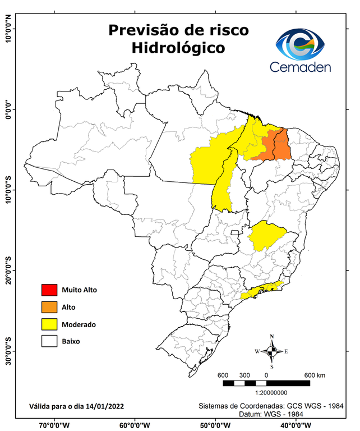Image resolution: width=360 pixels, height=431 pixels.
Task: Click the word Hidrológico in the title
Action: pyautogui.click(x=178, y=48)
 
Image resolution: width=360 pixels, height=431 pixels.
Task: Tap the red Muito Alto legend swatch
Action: pyautogui.click(x=49, y=290)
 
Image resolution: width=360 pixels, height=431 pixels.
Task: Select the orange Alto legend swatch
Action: pyautogui.click(x=49, y=307)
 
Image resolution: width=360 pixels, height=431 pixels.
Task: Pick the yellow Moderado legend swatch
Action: pyautogui.click(x=49, y=324)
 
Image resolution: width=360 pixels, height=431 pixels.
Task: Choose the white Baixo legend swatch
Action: pyautogui.click(x=49, y=341)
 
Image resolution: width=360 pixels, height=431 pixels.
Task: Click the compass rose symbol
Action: pyautogui.click(x=272, y=351)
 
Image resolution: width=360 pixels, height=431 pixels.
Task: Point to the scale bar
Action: pyautogui.click(x=266, y=383)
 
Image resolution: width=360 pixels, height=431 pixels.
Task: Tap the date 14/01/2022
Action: pyautogui.click(x=103, y=406)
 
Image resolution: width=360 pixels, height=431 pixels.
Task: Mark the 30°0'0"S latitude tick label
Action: pyautogui.click(x=8, y=351)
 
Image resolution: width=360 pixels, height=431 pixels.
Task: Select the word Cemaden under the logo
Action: pyautogui.click(x=300, y=67)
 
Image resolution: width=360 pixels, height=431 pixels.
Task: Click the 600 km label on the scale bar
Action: pyautogui.click(x=315, y=375)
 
